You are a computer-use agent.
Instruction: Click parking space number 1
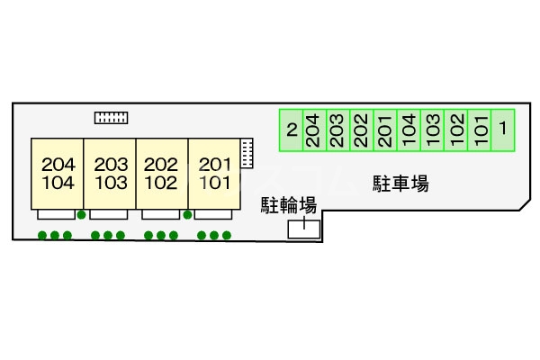coord(502,129)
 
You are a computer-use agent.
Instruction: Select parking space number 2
coord(291,129)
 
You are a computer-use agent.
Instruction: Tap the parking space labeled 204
coord(312,129)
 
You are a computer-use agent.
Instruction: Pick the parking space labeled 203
coord(337,129)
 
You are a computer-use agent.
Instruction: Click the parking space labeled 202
coord(360,129)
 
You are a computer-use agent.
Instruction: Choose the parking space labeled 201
coord(384,129)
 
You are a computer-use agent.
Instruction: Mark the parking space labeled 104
coord(408,129)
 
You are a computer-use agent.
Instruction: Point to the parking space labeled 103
coord(431,129)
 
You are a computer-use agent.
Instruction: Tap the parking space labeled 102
coord(455,129)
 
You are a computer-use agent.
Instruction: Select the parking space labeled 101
coord(479,129)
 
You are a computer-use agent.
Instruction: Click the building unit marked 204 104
coord(58,174)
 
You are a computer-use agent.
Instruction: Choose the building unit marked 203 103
coord(110,174)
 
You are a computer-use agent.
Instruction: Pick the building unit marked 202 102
coord(162,174)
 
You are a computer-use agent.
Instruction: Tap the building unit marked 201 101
coord(215,174)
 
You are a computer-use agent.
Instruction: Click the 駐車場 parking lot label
coord(400,185)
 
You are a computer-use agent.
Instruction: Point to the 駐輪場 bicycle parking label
coord(288,204)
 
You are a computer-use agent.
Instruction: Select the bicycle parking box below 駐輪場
coord(302,229)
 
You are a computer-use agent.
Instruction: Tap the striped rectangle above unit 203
coord(112,117)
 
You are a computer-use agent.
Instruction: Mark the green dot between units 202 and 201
coord(187,215)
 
